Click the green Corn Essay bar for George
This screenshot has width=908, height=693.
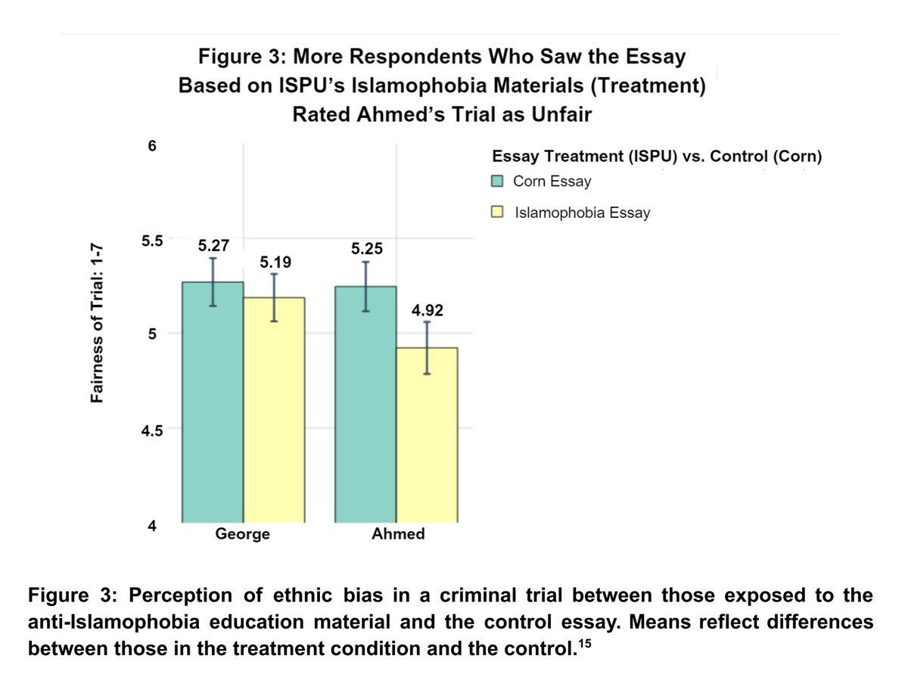click(x=213, y=401)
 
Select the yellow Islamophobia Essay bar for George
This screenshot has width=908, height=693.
click(x=273, y=409)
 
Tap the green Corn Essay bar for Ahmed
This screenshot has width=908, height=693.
click(x=365, y=404)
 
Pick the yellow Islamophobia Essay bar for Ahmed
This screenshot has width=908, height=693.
click(x=427, y=435)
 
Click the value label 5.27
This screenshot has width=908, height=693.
click(x=213, y=245)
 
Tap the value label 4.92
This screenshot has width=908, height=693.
click(x=428, y=310)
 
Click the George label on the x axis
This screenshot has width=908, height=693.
click(x=243, y=534)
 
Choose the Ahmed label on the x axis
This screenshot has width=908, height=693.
click(x=398, y=534)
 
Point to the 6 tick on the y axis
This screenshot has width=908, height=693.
click(x=151, y=146)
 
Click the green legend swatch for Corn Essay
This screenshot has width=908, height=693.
click(x=497, y=182)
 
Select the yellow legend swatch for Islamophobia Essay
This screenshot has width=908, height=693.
click(x=497, y=213)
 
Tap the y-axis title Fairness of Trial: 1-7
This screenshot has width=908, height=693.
click(x=97, y=323)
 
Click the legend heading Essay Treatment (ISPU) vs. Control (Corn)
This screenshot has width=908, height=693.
click(x=656, y=157)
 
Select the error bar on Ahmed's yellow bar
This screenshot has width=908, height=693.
click(x=427, y=347)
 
